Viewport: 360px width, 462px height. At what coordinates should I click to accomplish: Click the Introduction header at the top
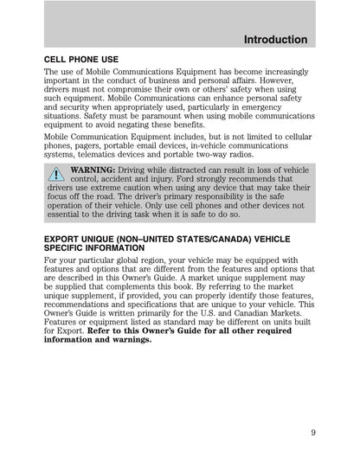(x=275, y=40)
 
